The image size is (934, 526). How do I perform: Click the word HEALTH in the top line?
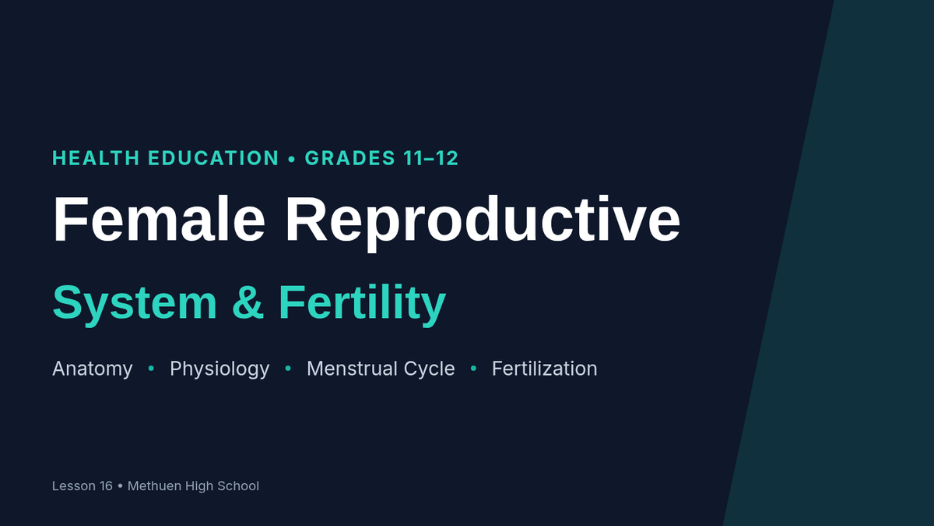coord(96,158)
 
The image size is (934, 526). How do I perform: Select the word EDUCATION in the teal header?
coord(213,158)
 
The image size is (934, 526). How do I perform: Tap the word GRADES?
coord(350,158)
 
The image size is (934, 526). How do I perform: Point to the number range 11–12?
coord(430,158)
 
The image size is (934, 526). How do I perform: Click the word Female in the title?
coord(160,219)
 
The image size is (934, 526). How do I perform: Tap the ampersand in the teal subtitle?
coord(248,302)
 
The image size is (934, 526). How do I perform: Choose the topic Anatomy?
coord(93,369)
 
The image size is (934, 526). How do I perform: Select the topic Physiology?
coord(219,369)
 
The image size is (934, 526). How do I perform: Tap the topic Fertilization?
coord(545,369)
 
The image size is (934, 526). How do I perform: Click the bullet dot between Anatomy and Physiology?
coord(151,368)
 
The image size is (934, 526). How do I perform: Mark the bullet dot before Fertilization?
coord(473,368)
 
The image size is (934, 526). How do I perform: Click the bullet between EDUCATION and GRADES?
coord(292,159)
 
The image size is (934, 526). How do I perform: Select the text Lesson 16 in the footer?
coord(83,486)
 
